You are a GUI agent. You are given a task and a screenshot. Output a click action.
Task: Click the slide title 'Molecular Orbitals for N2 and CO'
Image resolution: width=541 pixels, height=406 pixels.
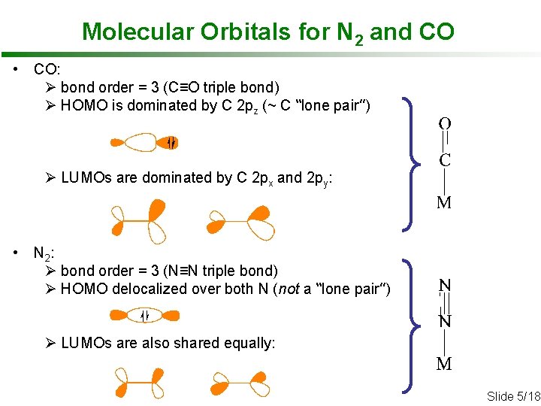pos(267,32)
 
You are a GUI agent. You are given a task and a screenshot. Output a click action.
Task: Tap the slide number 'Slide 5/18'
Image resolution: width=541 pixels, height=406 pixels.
pos(513,396)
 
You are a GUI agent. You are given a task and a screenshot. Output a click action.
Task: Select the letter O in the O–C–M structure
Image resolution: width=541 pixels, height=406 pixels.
pos(445,123)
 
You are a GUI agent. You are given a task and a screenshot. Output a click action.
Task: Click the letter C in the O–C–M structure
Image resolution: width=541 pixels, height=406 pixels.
pos(445,160)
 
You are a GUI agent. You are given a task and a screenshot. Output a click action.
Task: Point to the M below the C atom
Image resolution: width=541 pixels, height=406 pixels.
pos(444,202)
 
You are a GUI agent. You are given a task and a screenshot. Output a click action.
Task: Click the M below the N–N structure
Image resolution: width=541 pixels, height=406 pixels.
pos(444,365)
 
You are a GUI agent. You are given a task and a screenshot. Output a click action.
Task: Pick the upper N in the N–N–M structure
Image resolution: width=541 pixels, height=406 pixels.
pos(445,286)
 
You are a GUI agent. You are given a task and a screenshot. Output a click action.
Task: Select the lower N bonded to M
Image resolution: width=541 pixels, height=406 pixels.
pos(445,322)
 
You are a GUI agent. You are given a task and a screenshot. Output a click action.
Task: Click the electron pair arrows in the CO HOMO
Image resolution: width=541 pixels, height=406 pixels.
pos(171,142)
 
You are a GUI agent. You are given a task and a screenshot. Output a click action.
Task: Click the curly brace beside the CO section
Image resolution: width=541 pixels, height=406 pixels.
pos(410,162)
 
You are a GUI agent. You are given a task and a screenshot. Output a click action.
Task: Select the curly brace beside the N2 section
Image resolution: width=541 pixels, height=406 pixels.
pos(410,325)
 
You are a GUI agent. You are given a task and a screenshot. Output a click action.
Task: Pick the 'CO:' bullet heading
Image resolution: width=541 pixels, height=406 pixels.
pos(41,70)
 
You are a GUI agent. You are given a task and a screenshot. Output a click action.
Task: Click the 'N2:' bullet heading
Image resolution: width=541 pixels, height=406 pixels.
pos(43,253)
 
